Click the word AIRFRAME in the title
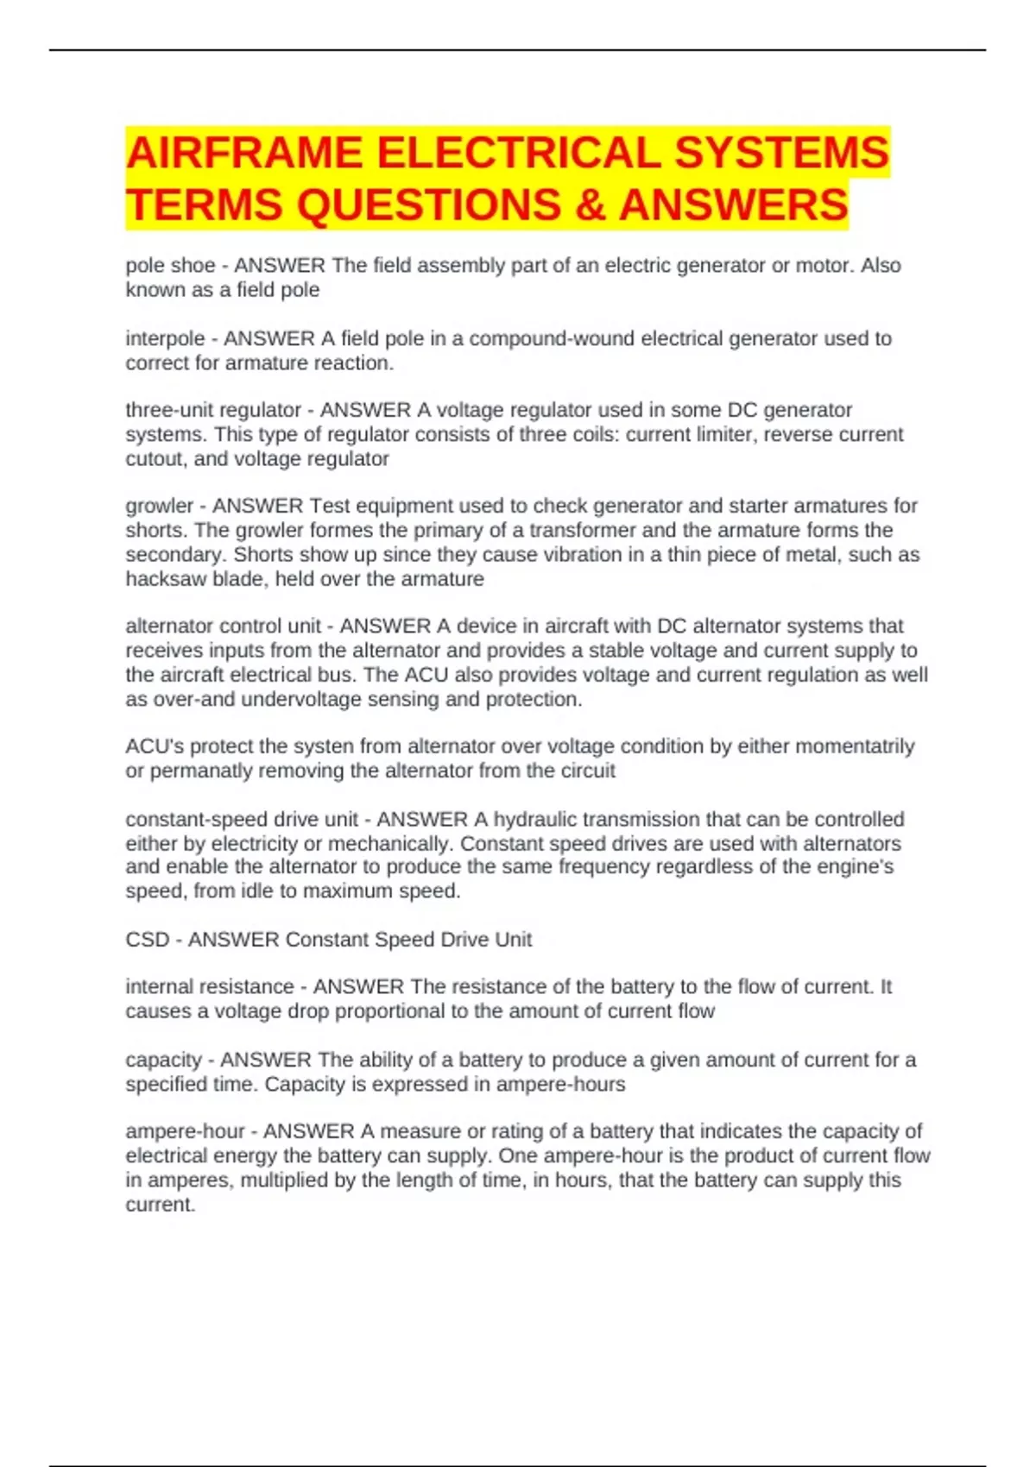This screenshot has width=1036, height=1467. click(244, 153)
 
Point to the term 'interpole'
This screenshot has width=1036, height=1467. click(165, 338)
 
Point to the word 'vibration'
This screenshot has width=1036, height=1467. click(581, 554)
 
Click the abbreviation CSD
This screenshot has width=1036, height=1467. click(148, 939)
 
